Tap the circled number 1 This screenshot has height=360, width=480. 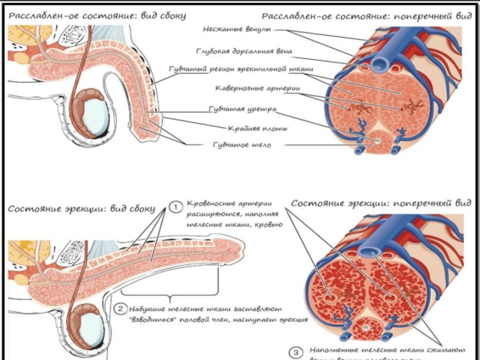tap(175, 208)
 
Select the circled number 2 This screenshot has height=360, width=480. tap(120, 309)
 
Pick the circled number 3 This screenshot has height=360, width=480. tap(295, 352)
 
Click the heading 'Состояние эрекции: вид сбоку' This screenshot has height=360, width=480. tap(82, 209)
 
